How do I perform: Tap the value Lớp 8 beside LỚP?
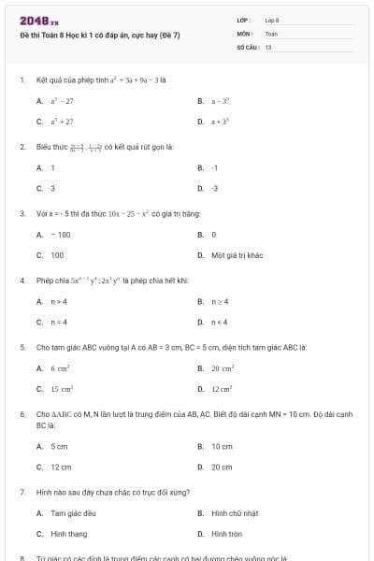click(272, 20)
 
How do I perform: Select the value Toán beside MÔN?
click(271, 33)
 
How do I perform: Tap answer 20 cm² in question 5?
click(223, 368)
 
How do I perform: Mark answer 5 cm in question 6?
click(59, 446)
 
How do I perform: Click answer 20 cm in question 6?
click(222, 467)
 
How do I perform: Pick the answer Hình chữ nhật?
click(233, 513)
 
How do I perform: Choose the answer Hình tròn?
click(226, 534)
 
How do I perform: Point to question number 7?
click(22, 491)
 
